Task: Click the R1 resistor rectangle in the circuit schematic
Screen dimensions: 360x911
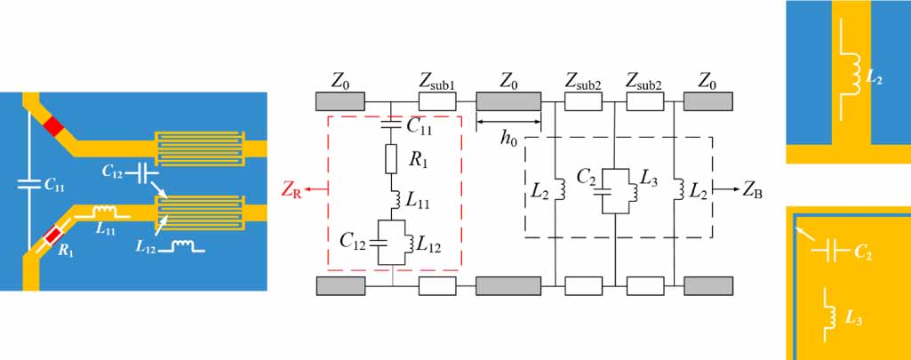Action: [x=390, y=159]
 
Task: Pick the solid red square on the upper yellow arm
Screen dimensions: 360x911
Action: [x=55, y=126]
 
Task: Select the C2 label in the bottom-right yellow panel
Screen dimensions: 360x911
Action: [x=861, y=254]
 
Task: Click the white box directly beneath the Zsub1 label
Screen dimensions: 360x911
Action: [x=437, y=100]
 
